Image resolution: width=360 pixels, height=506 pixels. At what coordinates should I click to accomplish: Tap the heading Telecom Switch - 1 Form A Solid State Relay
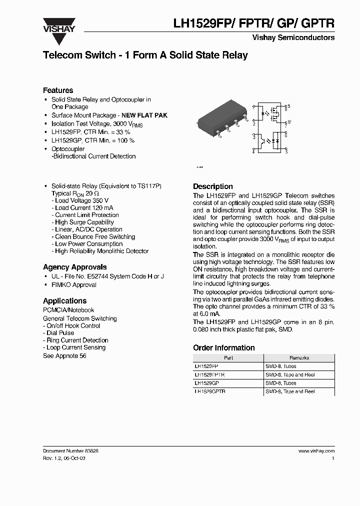click(x=145, y=55)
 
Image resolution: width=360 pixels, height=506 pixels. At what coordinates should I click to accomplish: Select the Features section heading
click(x=58, y=90)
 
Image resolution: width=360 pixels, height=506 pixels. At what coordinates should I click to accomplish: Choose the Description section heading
click(x=213, y=186)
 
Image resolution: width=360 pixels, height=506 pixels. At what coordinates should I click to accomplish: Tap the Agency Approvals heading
click(x=74, y=267)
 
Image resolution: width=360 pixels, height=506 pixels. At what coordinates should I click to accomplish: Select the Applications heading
click(x=64, y=301)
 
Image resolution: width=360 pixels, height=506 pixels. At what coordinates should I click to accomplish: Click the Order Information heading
click(x=223, y=348)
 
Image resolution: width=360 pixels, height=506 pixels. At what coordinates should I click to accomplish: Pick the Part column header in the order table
click(x=228, y=358)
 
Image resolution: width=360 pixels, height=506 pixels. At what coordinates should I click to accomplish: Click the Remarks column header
click(x=299, y=358)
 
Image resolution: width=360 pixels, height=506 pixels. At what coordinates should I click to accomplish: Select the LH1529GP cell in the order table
click(x=206, y=383)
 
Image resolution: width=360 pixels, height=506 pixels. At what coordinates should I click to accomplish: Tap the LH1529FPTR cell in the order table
click(x=209, y=374)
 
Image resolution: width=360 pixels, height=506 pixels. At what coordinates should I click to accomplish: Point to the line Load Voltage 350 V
click(x=81, y=200)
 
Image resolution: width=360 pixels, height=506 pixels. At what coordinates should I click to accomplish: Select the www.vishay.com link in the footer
click(x=316, y=451)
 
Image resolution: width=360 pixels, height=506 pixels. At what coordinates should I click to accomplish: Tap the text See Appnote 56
click(x=64, y=356)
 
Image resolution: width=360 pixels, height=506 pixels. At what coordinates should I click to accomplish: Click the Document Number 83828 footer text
click(x=70, y=451)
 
